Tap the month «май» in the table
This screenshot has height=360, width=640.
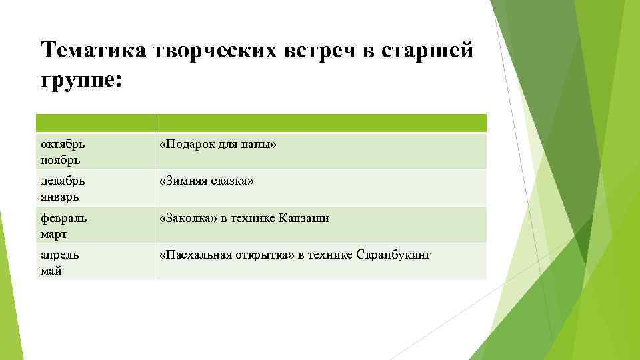coord(51,271)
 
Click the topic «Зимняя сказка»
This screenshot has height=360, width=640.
coord(207,181)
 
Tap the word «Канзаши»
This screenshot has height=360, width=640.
coord(304,219)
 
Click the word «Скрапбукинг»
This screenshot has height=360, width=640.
coord(394,255)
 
